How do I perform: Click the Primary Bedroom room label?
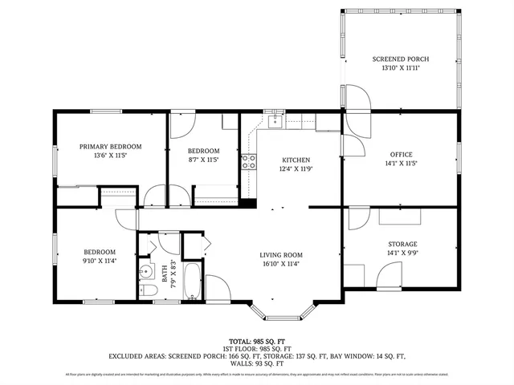click(110, 146)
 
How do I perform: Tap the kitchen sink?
click(275, 121)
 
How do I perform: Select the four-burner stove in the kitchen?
click(251, 160)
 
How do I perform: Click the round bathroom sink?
click(145, 270)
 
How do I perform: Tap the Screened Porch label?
click(401, 59)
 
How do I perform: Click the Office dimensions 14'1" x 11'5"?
click(401, 164)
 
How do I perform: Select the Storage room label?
click(401, 244)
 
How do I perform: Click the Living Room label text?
click(281, 255)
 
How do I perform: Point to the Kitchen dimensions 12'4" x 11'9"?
click(295, 169)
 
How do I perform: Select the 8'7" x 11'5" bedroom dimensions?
click(203, 160)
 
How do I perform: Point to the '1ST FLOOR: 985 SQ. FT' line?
click(256, 349)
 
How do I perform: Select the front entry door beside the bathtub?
click(216, 287)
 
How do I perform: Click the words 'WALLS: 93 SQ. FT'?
click(256, 364)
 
